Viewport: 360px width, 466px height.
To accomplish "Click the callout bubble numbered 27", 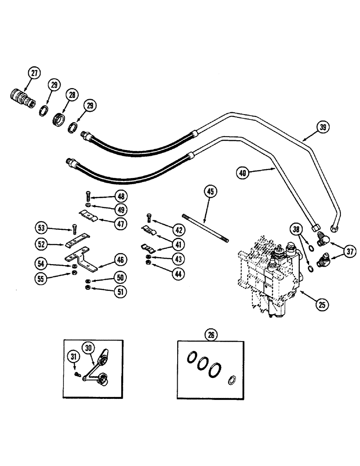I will click(x=34, y=73).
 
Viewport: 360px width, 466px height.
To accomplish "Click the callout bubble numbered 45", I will click(x=210, y=191).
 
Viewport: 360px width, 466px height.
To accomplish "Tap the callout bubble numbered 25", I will click(x=322, y=306).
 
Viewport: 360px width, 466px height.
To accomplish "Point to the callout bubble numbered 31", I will click(x=72, y=358).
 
